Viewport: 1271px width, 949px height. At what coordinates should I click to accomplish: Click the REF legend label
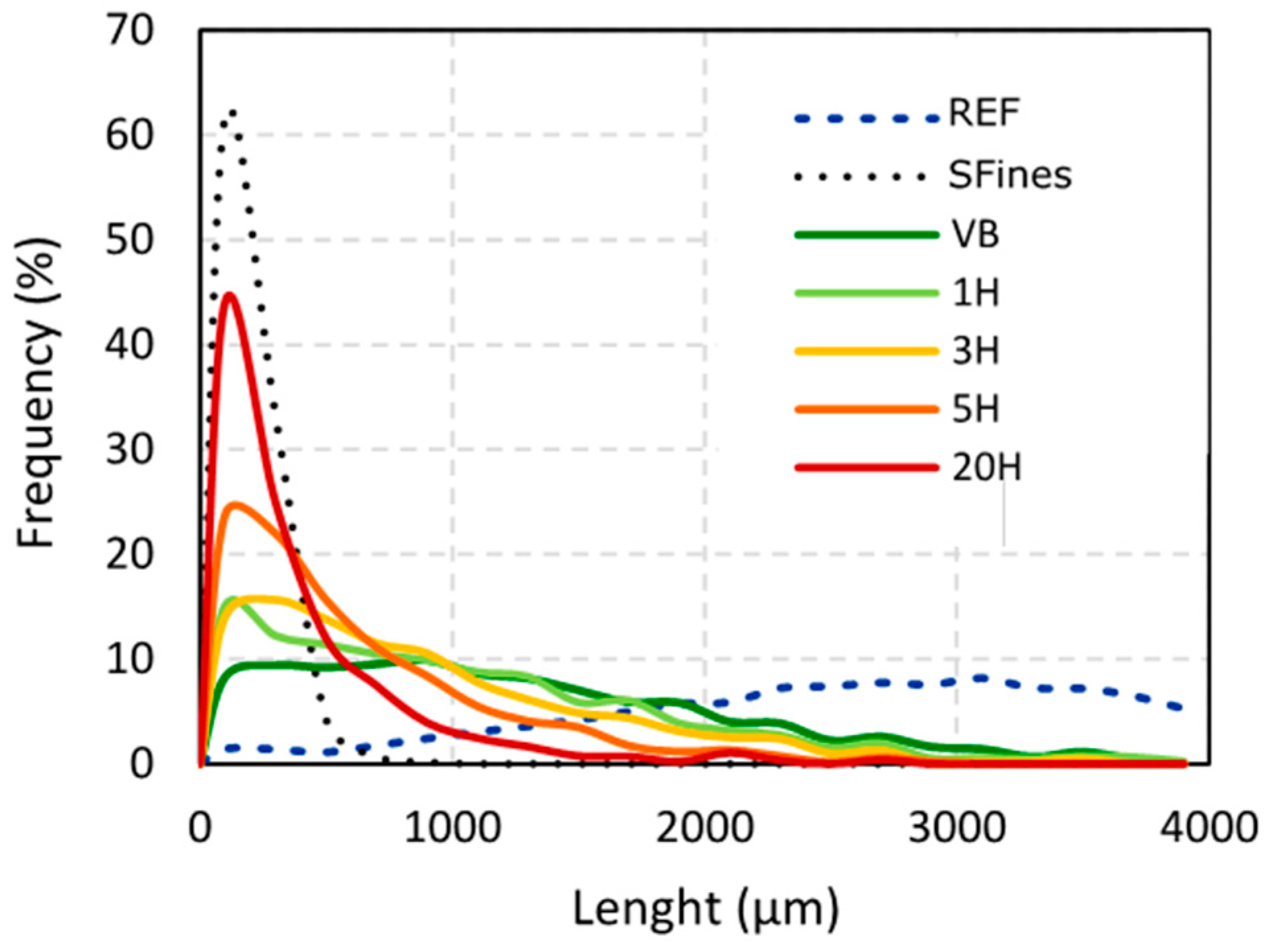[x=984, y=114]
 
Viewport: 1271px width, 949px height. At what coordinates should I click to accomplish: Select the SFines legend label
[x=1009, y=176]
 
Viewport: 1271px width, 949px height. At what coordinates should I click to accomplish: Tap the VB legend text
[x=975, y=234]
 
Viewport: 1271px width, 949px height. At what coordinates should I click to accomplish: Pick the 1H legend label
[x=975, y=293]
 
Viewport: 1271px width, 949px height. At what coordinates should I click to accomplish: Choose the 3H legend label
[x=975, y=351]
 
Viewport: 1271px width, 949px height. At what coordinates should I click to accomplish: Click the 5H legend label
[x=975, y=409]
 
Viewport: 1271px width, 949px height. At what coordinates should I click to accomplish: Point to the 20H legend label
[x=986, y=468]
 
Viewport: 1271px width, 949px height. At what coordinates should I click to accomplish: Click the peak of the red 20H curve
[x=229, y=295]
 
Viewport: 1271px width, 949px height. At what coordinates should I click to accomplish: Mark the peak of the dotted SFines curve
[x=231, y=112]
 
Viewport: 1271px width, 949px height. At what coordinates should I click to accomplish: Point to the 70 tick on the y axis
[x=129, y=30]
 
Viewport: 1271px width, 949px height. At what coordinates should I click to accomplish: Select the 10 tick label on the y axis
[x=129, y=659]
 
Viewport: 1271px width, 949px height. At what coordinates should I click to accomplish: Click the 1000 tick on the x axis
[x=453, y=827]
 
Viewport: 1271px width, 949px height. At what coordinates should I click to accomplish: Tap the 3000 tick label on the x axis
[x=957, y=827]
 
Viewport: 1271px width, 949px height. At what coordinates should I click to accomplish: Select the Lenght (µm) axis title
[x=705, y=909]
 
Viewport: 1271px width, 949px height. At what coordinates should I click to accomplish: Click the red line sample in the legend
[x=867, y=468]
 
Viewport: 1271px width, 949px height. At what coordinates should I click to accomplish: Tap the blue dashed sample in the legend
[x=867, y=119]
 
